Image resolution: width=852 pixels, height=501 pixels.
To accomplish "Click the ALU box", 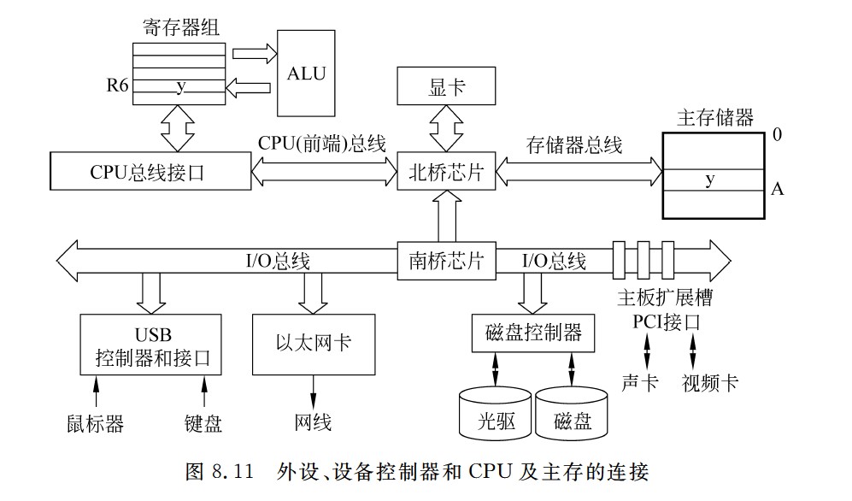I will (307, 74).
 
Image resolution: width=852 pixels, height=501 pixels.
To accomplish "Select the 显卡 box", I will (447, 89).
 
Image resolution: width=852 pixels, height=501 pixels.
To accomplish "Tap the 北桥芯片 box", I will (446, 172).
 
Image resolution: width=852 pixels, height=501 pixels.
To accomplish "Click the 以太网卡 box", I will (313, 344).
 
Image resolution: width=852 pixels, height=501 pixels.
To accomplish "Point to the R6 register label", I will (118, 86).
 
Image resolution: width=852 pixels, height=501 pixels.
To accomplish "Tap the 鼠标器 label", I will (96, 423).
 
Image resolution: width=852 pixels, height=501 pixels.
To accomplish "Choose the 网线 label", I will (313, 422).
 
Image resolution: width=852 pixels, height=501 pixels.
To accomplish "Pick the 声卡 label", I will (639, 382).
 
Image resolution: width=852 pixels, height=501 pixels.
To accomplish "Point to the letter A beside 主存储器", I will (777, 189).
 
